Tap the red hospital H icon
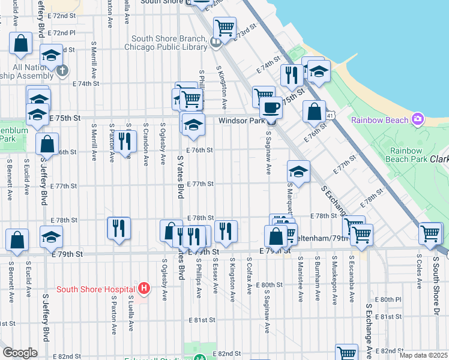click(143, 289)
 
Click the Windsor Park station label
click(241, 121)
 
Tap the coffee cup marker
click(271, 107)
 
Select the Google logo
click(20, 353)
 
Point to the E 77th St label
click(200, 185)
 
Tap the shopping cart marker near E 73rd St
click(224, 28)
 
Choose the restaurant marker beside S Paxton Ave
click(124, 142)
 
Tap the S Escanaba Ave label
click(351, 275)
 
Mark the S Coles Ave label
click(418, 275)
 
